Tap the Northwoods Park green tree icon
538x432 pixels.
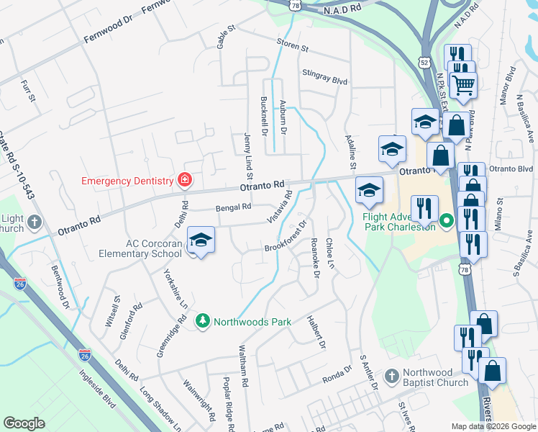coord(203,321)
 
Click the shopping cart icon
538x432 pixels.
coord(464,86)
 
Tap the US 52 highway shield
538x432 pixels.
coord(426,63)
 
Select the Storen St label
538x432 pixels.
coord(293,45)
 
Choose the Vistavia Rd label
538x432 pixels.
coord(280,205)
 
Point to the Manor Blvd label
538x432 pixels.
coord(511,84)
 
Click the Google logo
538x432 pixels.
coord(24,423)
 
